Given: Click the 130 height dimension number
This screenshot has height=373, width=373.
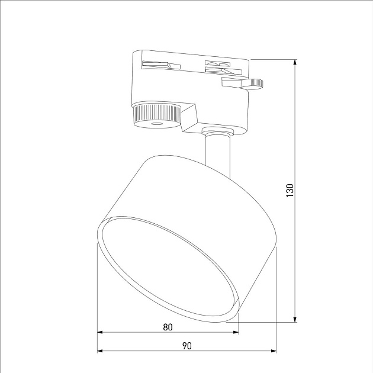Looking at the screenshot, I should (290, 190).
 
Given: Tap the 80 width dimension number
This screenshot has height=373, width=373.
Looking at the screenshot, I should (168, 326).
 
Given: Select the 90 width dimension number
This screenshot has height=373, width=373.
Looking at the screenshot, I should (186, 345).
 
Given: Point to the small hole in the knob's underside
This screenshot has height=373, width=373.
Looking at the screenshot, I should (157, 124).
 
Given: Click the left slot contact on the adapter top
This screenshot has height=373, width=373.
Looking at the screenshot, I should (160, 63).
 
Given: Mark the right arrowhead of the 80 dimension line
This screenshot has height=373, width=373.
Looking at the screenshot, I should (236, 332).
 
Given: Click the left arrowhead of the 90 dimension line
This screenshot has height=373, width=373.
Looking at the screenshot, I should (100, 350).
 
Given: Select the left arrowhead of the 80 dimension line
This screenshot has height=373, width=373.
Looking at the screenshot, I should (100, 332).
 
